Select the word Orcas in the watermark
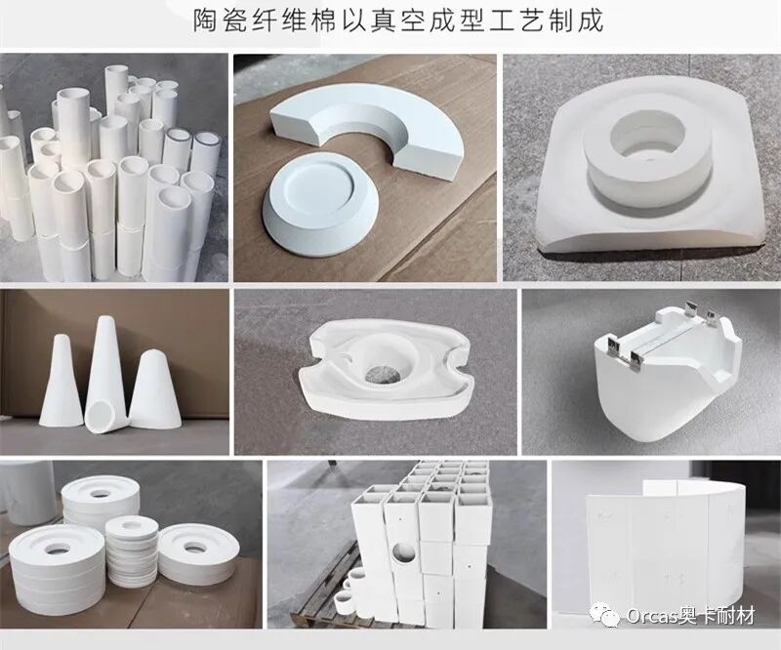pos(649,617)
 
